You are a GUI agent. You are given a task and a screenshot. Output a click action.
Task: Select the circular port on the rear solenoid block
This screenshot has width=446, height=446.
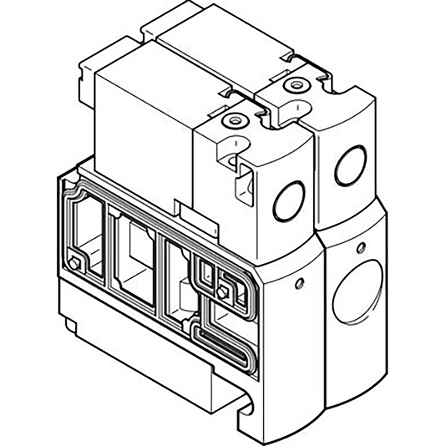point(350,165)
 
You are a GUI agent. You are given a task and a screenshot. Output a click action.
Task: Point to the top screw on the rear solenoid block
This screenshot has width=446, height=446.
point(291,85)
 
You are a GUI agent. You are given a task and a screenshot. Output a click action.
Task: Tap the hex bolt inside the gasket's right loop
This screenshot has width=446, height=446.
point(224,290)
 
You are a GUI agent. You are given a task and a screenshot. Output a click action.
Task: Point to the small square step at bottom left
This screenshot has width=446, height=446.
point(71,325)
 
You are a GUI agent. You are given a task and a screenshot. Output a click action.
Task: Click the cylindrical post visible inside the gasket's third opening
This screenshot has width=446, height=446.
point(186,301)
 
